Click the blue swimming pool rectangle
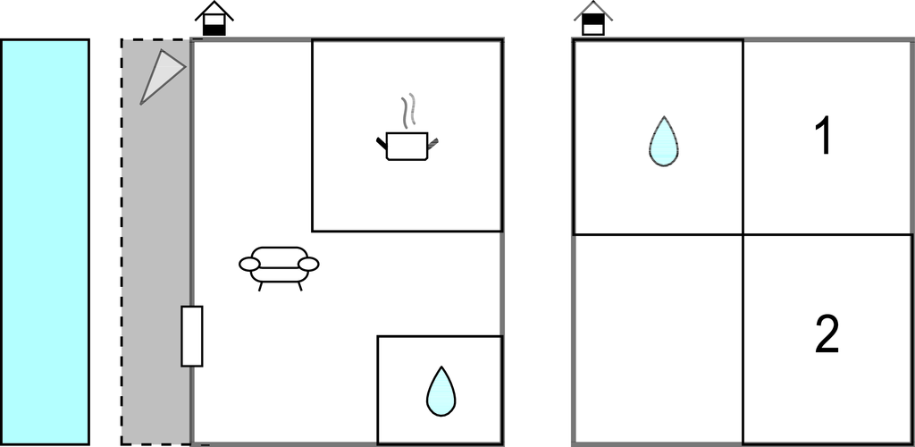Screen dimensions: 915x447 45,241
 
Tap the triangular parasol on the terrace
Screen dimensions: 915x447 161,75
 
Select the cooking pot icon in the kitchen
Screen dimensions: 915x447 407,146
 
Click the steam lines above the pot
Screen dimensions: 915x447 407,110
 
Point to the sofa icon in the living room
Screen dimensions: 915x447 279,268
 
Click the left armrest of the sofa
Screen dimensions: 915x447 249,265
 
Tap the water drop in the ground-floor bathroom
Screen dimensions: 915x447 441,392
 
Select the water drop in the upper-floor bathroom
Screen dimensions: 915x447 664,141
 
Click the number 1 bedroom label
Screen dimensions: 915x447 823,135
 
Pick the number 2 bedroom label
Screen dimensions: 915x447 827,333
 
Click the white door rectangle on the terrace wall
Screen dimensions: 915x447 192,336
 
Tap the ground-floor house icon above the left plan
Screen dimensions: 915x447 214,18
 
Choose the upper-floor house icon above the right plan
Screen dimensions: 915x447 593,18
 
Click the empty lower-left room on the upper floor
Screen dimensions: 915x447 658,339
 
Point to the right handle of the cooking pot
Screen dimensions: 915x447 432,144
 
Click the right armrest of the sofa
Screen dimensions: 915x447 308,265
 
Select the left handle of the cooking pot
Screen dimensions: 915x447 381,144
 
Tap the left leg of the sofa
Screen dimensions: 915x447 261,286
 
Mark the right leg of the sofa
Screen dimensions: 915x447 300,286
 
